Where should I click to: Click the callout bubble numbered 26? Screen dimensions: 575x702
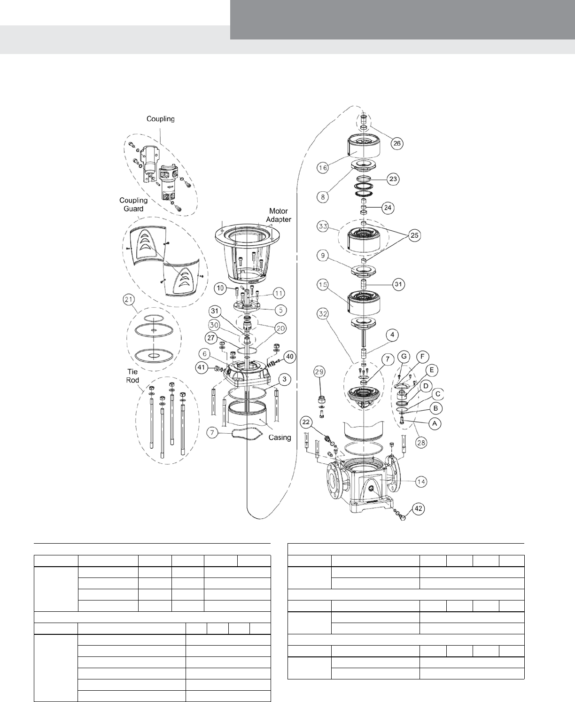point(396,143)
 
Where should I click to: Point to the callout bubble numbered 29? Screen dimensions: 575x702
point(319,372)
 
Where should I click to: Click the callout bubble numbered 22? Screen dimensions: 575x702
point(306,422)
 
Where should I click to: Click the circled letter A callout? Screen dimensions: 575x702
point(435,423)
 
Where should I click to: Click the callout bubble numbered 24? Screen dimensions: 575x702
point(388,207)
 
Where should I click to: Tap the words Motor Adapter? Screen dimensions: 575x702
point(279,215)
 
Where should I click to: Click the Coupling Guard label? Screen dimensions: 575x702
point(133,204)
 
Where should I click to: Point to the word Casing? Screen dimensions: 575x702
point(280,437)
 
